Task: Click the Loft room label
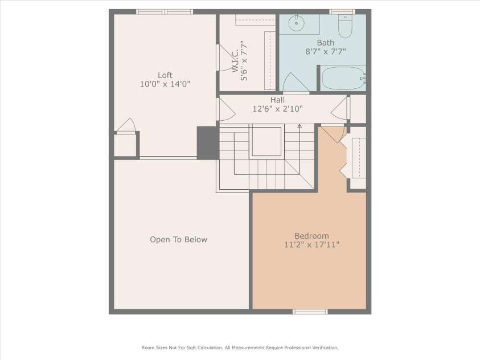(165, 75)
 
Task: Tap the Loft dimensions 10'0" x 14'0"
(165, 84)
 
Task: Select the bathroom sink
(296, 23)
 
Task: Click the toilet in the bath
(345, 26)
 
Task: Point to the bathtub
(343, 79)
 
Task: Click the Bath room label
(325, 43)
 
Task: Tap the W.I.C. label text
(235, 61)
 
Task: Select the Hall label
(277, 100)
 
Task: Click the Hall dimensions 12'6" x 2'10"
(277, 109)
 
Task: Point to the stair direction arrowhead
(300, 125)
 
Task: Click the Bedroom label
(311, 236)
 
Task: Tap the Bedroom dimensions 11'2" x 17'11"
(311, 244)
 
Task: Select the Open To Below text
(178, 239)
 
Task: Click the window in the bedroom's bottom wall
(310, 312)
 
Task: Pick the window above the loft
(165, 11)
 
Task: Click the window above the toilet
(342, 11)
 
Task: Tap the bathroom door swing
(294, 83)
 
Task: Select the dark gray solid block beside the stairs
(208, 143)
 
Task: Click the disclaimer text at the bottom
(240, 347)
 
